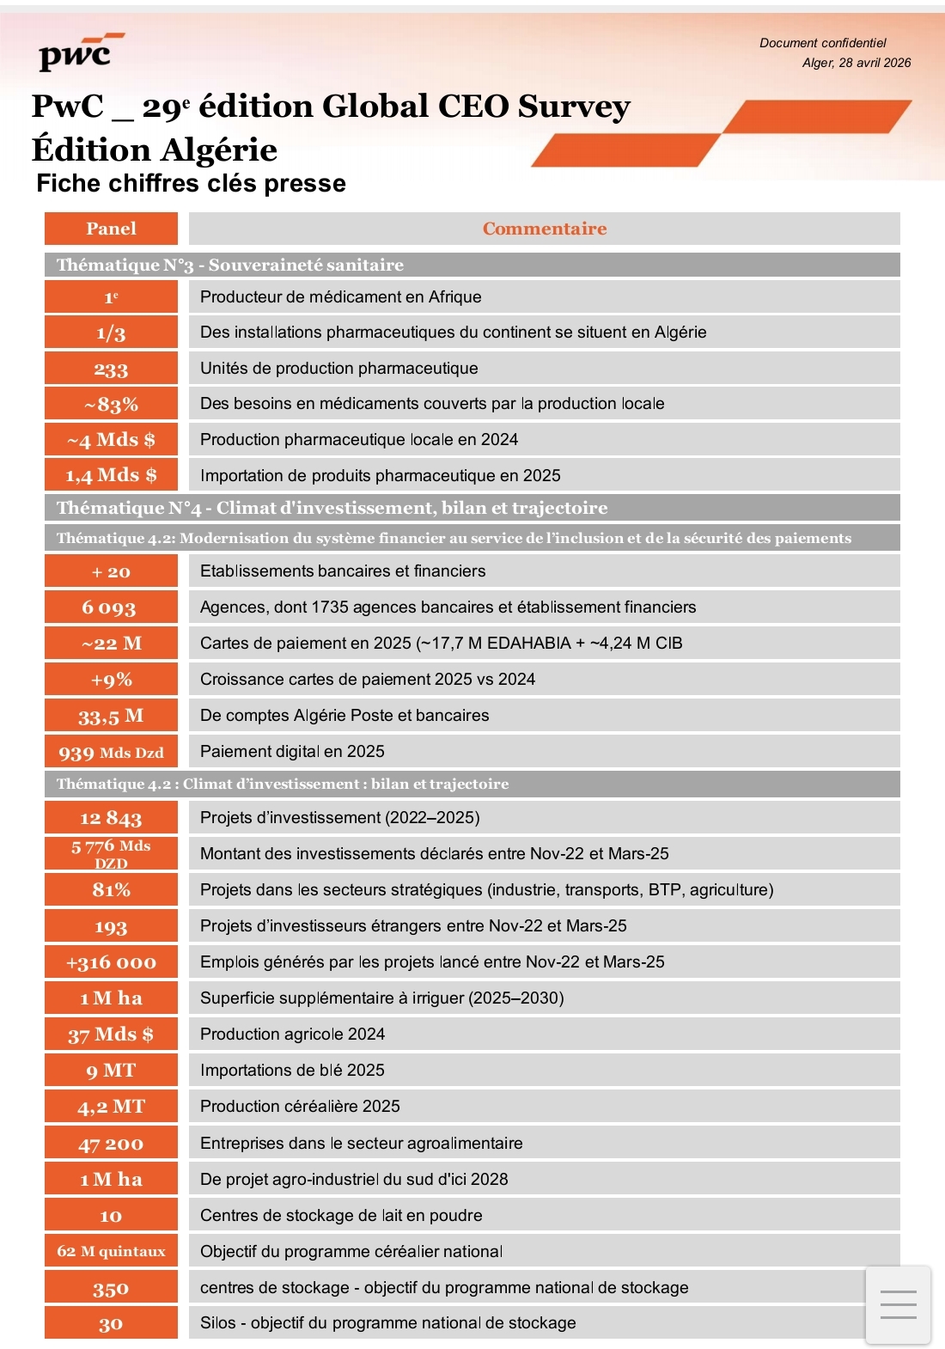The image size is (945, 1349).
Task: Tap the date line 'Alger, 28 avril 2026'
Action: pyautogui.click(x=856, y=63)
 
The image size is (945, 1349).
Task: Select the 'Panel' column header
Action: pyautogui.click(x=111, y=229)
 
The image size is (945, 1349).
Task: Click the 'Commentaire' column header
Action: pyautogui.click(x=544, y=229)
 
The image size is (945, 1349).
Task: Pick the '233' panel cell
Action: pyautogui.click(x=111, y=369)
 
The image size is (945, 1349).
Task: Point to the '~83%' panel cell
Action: pyautogui.click(x=111, y=404)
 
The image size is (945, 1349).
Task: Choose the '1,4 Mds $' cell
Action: pyautogui.click(x=111, y=475)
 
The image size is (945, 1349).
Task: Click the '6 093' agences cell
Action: pyautogui.click(x=111, y=607)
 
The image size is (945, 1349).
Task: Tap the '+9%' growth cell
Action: pyautogui.click(x=111, y=680)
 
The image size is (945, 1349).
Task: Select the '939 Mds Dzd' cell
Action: pyautogui.click(x=111, y=752)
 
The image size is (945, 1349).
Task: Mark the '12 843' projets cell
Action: pyautogui.click(x=111, y=818)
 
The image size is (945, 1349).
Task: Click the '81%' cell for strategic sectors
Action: pyautogui.click(x=111, y=890)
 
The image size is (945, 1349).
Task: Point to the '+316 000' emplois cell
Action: pyautogui.click(x=111, y=962)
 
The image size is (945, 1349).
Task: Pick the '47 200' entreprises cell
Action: pyautogui.click(x=111, y=1144)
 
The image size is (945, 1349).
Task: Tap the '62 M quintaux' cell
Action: pyautogui.click(x=111, y=1251)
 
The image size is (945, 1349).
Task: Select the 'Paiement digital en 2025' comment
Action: pyautogui.click(x=292, y=752)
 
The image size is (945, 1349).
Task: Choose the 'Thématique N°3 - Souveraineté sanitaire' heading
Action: pyautogui.click(x=230, y=265)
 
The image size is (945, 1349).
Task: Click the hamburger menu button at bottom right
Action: pyautogui.click(x=898, y=1304)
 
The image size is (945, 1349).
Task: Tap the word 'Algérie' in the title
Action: pyautogui.click(x=218, y=150)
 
